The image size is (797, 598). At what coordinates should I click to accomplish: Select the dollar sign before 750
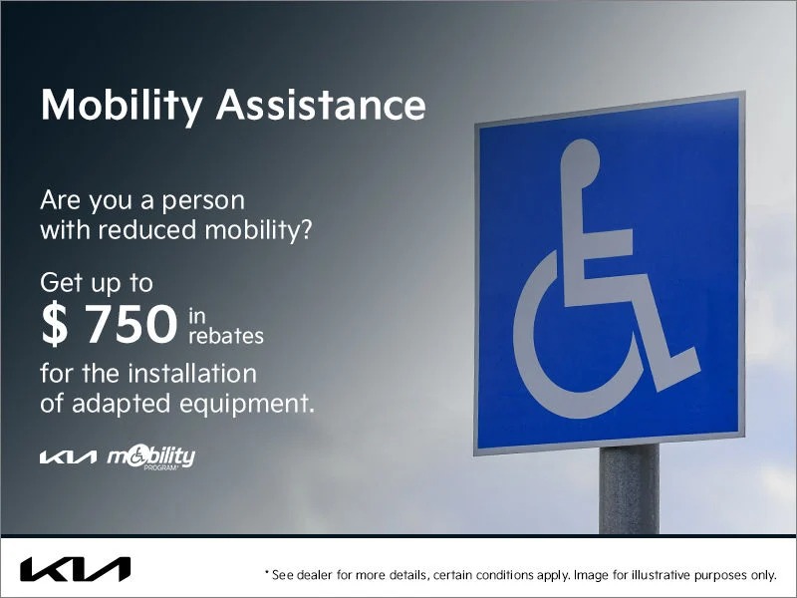point(55,325)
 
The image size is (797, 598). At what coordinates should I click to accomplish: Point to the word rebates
point(225,337)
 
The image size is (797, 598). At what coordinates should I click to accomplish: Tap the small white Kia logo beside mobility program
point(68,457)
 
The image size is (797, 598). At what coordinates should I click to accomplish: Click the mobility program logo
point(151,456)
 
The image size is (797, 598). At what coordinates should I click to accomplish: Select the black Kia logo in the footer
point(75,570)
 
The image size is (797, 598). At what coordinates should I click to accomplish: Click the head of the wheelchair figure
point(580,158)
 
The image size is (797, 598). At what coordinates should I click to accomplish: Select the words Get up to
point(97,283)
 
